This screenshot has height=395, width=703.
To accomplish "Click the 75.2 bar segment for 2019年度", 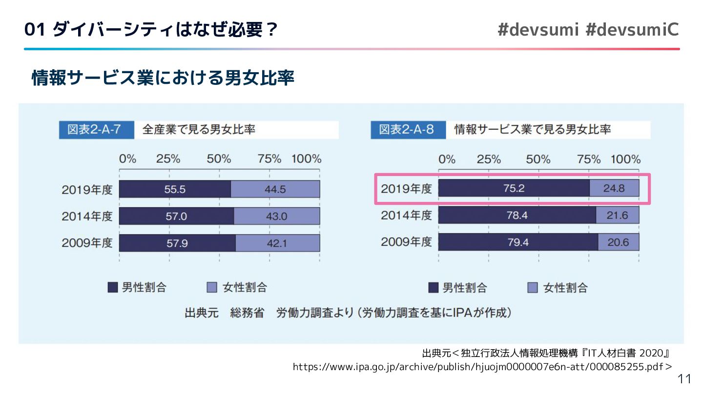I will coord(514,188).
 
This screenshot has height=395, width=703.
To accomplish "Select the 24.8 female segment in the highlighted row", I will coord(614,188).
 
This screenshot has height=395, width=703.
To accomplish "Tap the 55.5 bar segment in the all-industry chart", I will coord(175,189).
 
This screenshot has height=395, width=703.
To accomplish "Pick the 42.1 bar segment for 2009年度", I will coord(277,243).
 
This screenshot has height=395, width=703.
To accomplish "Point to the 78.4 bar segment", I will coord(517,215).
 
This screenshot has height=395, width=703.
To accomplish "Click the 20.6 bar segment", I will coord(618,242).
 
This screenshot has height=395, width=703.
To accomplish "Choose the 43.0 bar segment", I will coord(277,216).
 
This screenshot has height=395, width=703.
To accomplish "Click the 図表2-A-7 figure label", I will coord(97,130).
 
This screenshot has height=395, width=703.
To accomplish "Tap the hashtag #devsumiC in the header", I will coord(632,30).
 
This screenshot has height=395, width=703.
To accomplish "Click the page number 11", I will coord(685,379).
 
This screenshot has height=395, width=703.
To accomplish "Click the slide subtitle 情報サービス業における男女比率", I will coord(163,78).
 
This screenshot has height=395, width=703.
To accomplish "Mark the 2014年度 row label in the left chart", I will coord(87,216).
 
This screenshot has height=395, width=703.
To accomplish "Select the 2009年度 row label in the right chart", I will coord(406,242).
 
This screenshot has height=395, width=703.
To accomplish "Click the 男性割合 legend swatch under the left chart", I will coord(113,288).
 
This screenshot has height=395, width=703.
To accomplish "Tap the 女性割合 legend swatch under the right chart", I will coord(533,288).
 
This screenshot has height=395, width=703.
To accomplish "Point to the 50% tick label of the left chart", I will coord(219,159).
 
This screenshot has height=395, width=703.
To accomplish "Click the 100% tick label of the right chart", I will coord(626,159).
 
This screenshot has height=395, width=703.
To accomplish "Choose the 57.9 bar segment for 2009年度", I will coord(177,243).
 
